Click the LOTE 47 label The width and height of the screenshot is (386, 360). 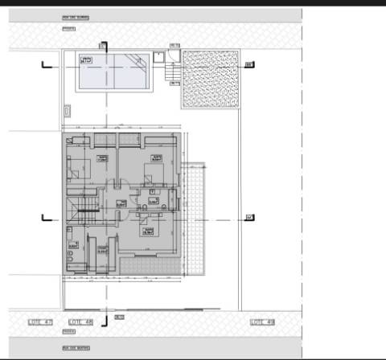click(39, 322)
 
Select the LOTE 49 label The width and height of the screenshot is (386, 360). click(262, 322)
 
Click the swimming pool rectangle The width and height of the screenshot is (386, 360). click(113, 72)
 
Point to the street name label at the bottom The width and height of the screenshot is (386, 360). click(76, 348)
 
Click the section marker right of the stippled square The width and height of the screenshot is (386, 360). click(249, 65)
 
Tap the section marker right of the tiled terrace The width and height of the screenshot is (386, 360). click(249, 217)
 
